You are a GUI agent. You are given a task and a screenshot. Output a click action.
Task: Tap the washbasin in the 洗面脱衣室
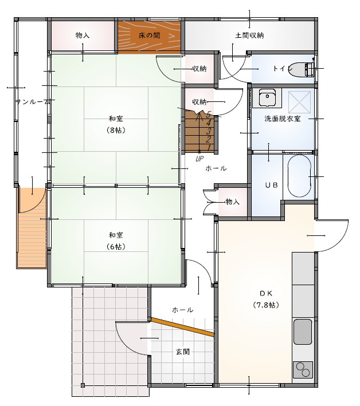(x=267, y=98)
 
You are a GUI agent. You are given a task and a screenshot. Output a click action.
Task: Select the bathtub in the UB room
(x=299, y=176)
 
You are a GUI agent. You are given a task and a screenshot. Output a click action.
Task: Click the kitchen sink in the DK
(x=303, y=332)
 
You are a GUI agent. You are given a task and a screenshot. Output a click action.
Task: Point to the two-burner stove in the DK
(x=303, y=370)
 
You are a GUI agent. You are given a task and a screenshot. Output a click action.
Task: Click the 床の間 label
(x=149, y=36)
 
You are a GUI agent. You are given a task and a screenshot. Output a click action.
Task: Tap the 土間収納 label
(x=249, y=35)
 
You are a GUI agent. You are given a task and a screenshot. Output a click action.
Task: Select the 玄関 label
(x=182, y=352)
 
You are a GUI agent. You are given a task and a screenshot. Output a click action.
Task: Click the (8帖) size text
(x=116, y=130)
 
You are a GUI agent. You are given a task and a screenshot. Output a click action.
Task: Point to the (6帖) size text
(x=116, y=246)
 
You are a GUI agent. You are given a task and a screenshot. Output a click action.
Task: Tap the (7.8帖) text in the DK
(x=266, y=305)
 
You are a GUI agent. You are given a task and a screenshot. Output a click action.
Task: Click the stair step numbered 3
(x=209, y=131)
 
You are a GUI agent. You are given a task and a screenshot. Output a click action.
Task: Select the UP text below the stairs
(x=199, y=159)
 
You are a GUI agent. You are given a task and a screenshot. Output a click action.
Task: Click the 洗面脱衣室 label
(x=283, y=119)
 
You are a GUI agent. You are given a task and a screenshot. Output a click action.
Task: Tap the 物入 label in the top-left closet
(x=83, y=35)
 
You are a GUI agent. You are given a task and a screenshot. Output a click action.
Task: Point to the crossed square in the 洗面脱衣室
(x=299, y=103)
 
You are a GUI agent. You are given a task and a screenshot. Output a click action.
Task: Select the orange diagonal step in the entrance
(x=182, y=327)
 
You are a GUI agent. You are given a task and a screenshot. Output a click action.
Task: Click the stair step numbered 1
(x=209, y=148)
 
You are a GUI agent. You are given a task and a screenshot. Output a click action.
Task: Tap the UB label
(x=271, y=185)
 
